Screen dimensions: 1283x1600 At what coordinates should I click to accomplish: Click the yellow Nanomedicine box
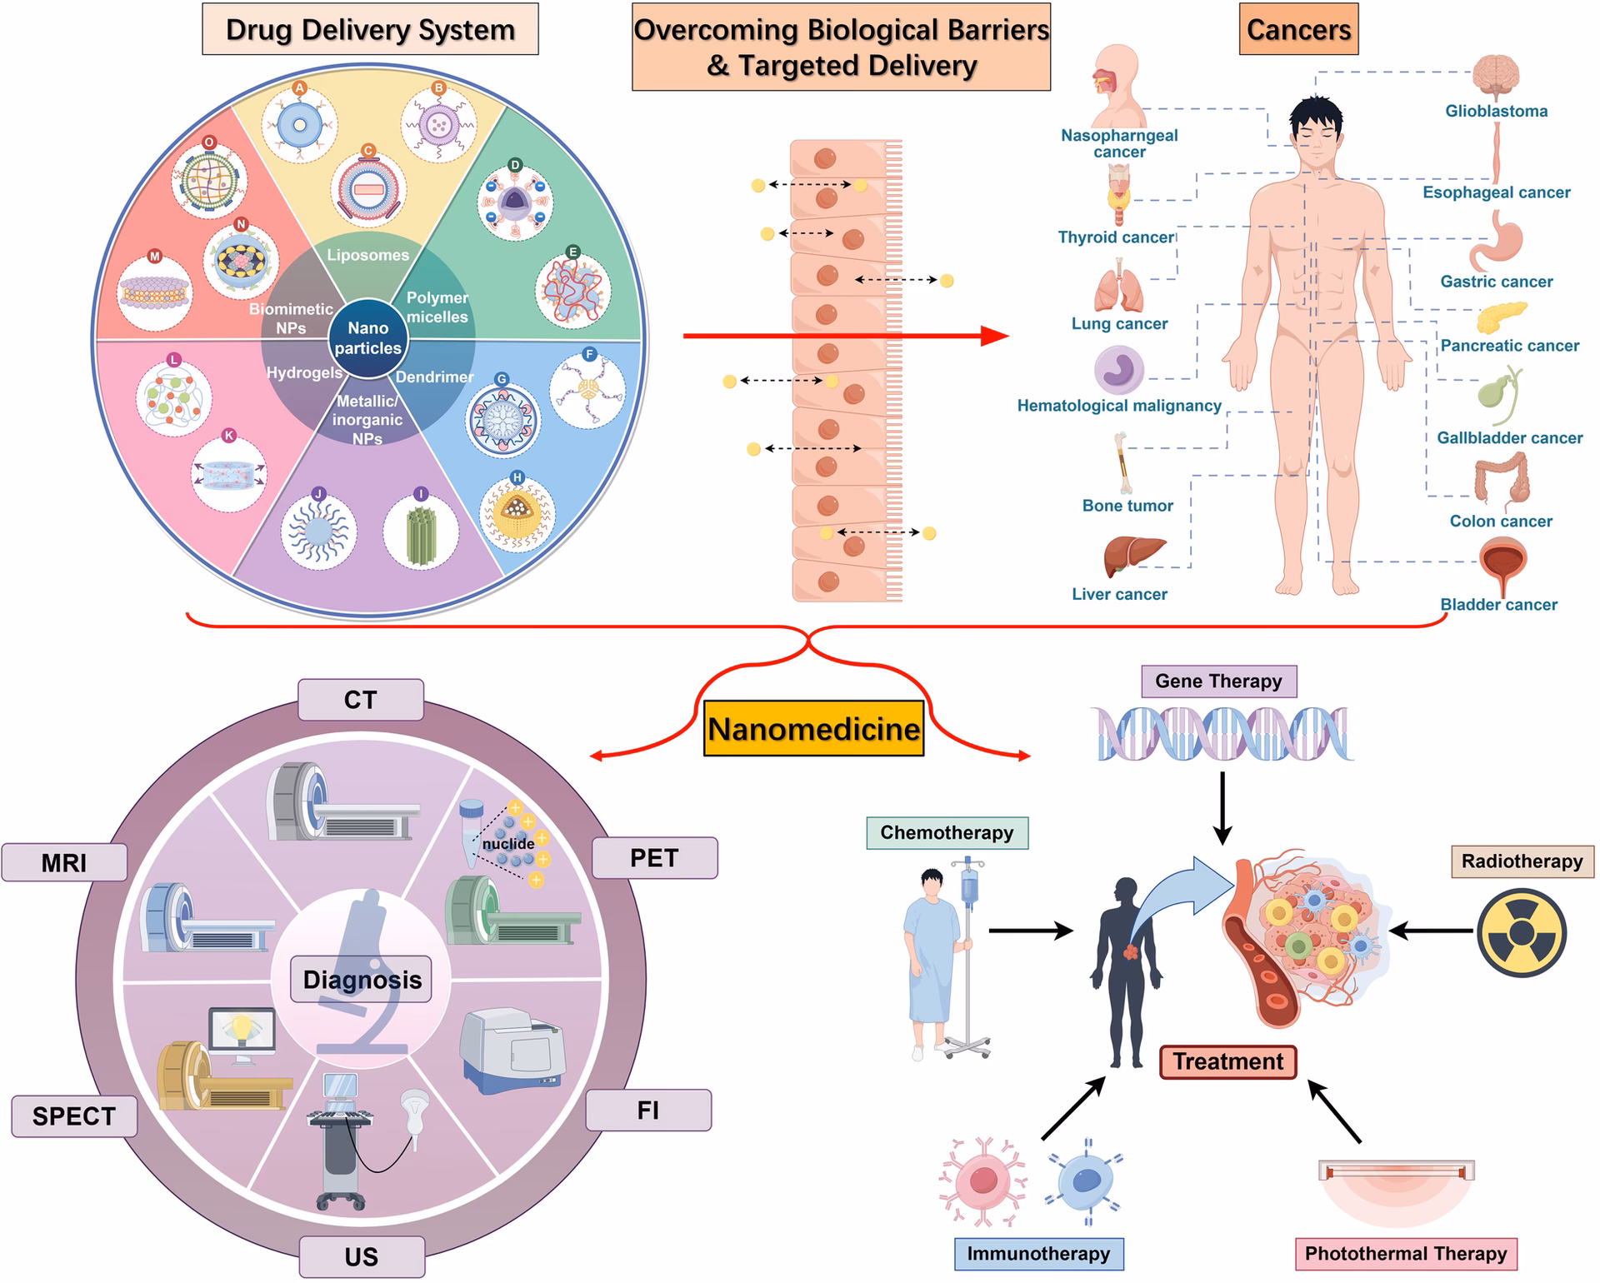[813, 729]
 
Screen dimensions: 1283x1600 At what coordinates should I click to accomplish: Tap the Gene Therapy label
[1218, 681]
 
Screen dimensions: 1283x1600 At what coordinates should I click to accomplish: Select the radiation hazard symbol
[1522, 932]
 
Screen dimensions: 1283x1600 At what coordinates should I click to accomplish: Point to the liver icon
[1134, 555]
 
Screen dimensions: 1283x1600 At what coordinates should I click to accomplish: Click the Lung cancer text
[1119, 324]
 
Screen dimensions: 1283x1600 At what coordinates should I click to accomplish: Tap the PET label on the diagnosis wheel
[654, 858]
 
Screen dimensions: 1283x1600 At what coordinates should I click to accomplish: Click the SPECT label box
[74, 1116]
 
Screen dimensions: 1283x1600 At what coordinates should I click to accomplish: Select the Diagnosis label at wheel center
[362, 980]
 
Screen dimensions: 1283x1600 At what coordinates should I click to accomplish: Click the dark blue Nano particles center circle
[367, 338]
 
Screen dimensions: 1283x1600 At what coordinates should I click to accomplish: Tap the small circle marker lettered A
[300, 87]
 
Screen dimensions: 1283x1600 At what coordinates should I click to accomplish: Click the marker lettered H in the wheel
[517, 477]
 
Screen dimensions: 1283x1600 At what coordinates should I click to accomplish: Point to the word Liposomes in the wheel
[367, 255]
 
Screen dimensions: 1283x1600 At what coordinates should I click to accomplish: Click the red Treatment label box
[1228, 1061]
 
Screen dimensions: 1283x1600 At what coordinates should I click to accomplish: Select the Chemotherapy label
[947, 832]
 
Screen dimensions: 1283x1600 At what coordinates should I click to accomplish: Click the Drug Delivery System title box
[370, 30]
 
